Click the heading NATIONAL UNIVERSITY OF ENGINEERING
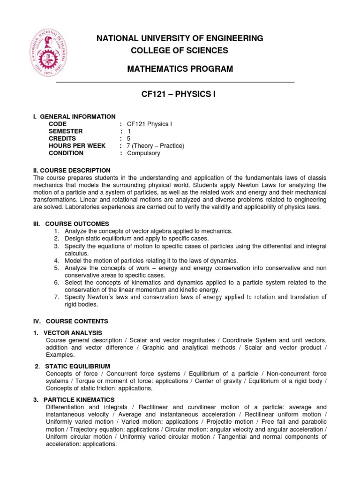(180, 38)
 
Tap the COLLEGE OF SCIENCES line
(180, 50)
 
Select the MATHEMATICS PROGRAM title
(180, 69)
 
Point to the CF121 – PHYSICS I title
(180, 95)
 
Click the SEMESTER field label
(65, 131)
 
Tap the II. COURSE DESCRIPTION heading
(72, 170)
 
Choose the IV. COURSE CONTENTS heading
(70, 321)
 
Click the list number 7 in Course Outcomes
(56, 297)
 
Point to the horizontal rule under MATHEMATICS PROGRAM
(175, 82)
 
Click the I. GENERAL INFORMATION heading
(74, 116)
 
